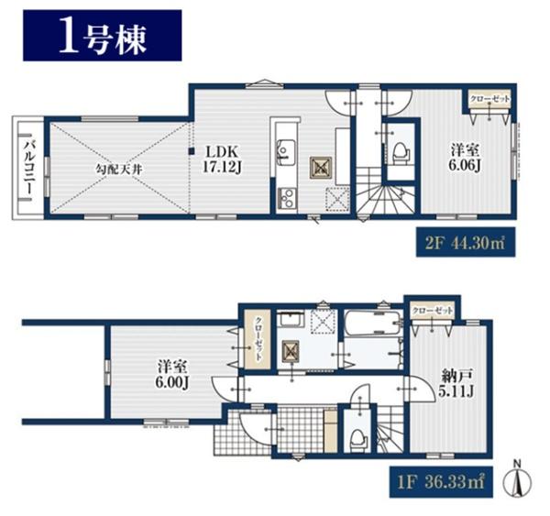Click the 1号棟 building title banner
(x=102, y=36)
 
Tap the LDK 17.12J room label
(x=222, y=159)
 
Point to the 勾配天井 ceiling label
(x=119, y=170)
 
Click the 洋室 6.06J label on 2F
(x=465, y=159)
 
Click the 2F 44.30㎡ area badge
(x=466, y=242)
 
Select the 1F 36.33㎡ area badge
(x=441, y=481)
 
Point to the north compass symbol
(x=517, y=481)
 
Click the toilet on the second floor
(x=401, y=154)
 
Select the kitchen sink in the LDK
(x=286, y=152)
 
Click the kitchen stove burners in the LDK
(x=287, y=199)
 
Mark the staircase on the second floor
(x=386, y=192)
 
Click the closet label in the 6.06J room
(x=489, y=99)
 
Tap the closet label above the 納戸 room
(x=432, y=311)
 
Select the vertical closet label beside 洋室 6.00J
(x=258, y=339)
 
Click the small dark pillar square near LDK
(x=192, y=151)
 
